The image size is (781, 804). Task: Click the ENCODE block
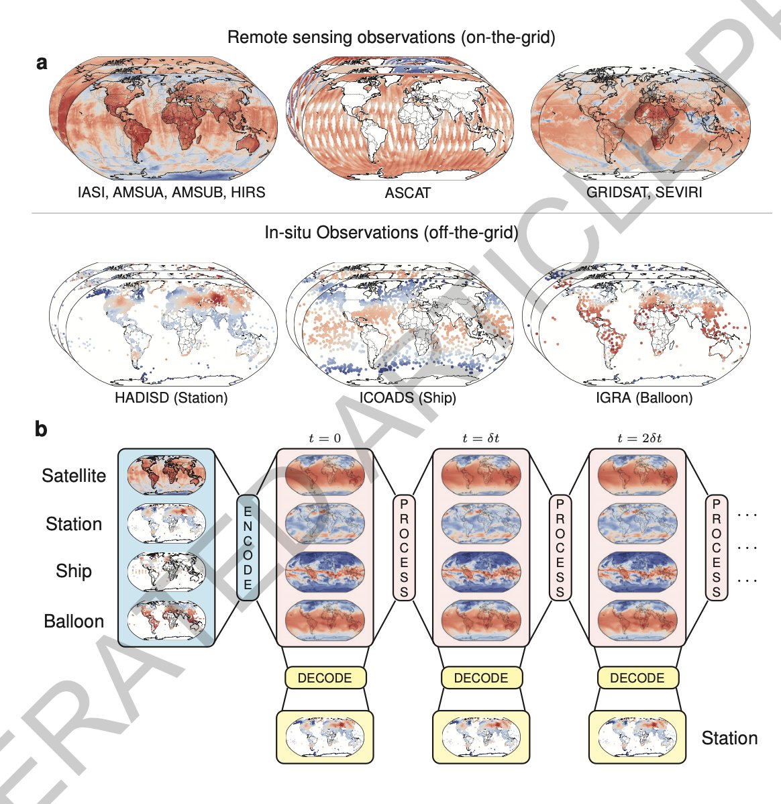248,548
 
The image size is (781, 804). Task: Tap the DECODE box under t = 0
325,677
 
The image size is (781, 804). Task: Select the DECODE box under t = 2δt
637,677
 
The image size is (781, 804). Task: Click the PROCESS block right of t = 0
404,548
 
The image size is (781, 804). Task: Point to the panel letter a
42,62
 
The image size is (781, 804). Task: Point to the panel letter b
41,428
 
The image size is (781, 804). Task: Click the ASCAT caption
408,193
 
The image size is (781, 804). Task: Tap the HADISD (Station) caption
171,397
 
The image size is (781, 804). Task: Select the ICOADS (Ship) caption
408,397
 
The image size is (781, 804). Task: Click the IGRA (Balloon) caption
644,397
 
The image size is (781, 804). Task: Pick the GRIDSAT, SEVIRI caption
644,193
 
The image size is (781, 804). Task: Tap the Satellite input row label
74,475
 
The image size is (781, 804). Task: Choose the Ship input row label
74,571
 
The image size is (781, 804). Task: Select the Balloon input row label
74,621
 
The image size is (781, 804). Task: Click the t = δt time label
480,438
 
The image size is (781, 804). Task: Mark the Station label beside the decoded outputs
729,738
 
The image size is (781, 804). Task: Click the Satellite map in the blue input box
166,474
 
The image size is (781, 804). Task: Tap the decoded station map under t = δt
481,738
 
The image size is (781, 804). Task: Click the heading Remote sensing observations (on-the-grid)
391,38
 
